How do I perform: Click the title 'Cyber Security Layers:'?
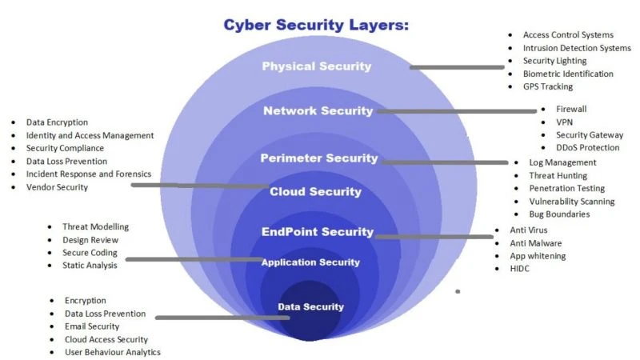[316, 26]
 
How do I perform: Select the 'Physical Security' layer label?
[317, 66]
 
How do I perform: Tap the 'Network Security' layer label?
[318, 111]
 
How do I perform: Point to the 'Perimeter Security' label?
[318, 158]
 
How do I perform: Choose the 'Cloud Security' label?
[315, 192]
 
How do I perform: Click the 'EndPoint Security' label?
[317, 232]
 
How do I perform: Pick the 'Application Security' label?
[310, 262]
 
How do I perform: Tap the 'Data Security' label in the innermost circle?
[310, 306]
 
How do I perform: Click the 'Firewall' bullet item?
[571, 109]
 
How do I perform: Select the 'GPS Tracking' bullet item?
[547, 86]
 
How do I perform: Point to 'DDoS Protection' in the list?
[587, 147]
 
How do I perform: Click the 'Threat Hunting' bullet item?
[558, 175]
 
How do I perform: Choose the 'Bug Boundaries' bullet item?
[559, 214]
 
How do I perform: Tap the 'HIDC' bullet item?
[519, 269]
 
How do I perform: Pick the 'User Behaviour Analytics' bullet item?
[112, 352]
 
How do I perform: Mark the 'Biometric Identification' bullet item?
[568, 74]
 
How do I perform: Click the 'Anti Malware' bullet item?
[535, 243]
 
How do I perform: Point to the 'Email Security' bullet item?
[92, 326]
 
